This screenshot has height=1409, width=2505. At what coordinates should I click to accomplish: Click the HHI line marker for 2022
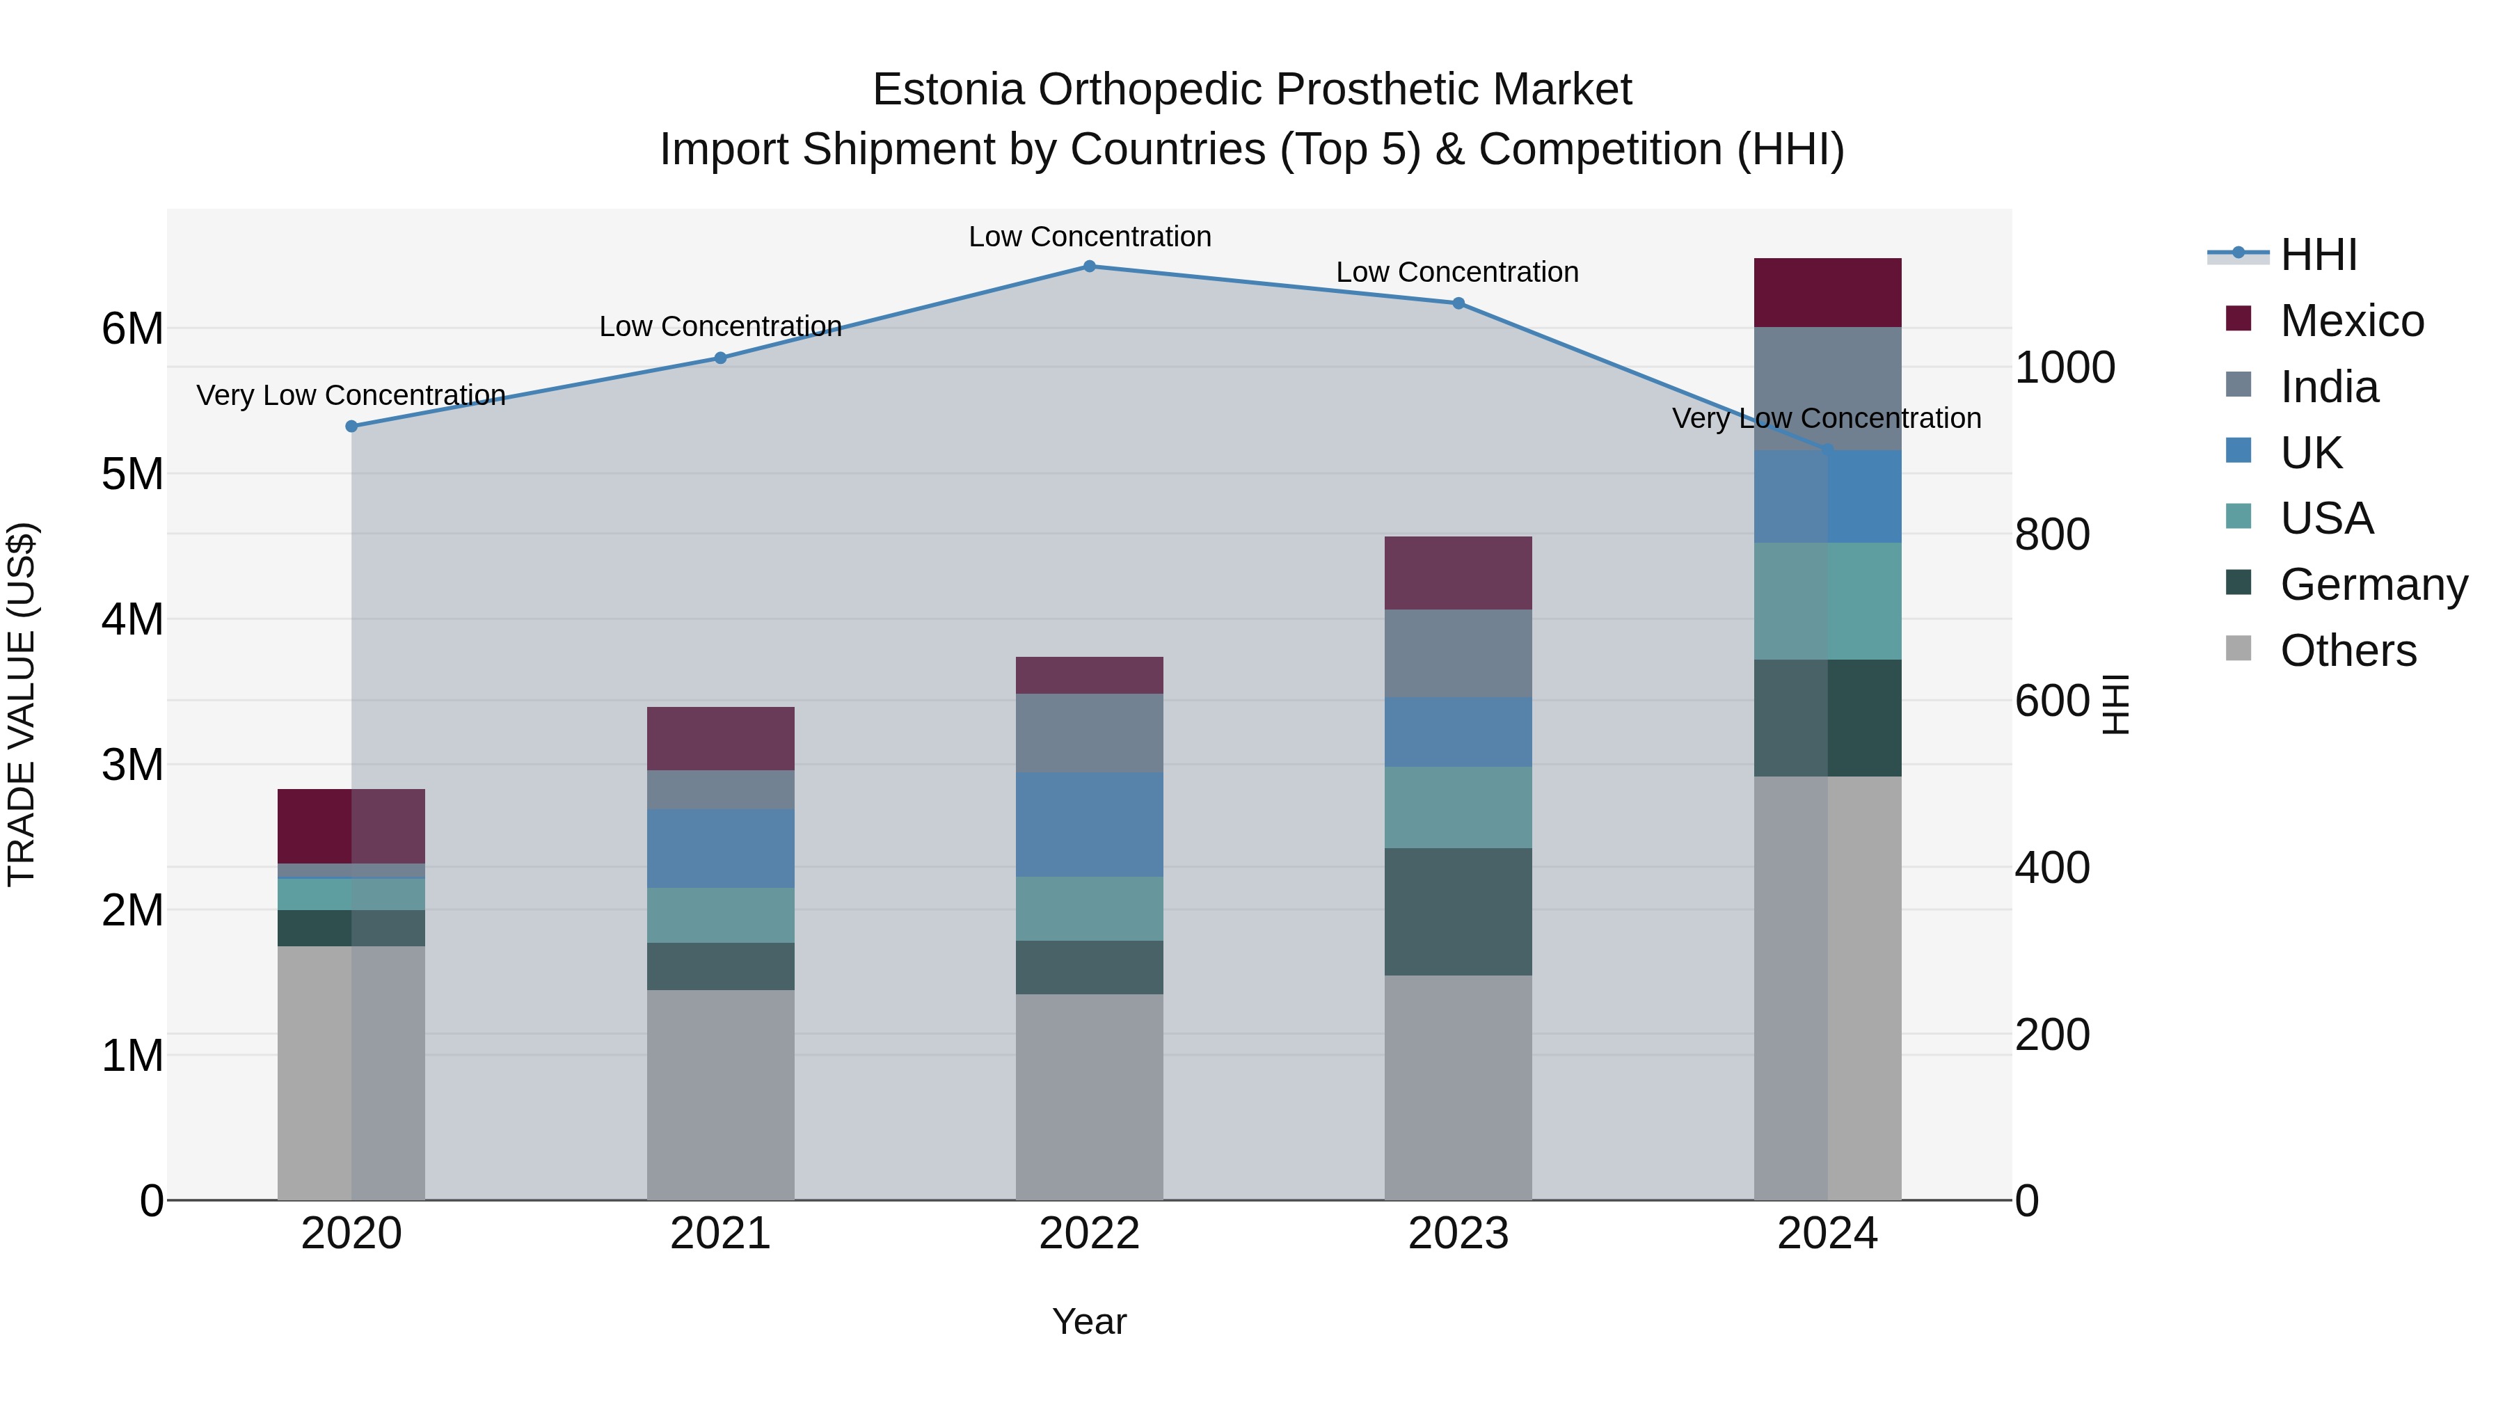pyautogui.click(x=1089, y=266)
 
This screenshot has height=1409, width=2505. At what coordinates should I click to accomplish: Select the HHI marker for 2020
pyautogui.click(x=352, y=426)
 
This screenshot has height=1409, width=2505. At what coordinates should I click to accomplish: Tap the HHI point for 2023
pyautogui.click(x=1458, y=303)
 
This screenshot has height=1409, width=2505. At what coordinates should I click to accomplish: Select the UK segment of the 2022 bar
pyautogui.click(x=1089, y=825)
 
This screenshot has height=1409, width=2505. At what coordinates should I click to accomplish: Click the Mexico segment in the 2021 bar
pyautogui.click(x=721, y=738)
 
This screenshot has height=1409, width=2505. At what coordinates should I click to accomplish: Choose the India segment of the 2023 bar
pyautogui.click(x=1458, y=653)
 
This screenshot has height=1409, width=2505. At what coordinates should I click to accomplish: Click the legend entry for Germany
pyautogui.click(x=2373, y=584)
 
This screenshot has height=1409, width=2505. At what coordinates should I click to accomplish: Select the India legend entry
pyautogui.click(x=2329, y=387)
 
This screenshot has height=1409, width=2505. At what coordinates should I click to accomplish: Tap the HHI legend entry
pyautogui.click(x=2319, y=255)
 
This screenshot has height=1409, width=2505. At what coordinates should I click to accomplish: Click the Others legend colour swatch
pyautogui.click(x=2238, y=648)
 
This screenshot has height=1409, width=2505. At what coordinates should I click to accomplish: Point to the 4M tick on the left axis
pyautogui.click(x=132, y=619)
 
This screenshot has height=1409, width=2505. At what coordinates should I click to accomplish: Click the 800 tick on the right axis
pyautogui.click(x=2052, y=535)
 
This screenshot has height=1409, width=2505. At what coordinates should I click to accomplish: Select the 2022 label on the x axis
pyautogui.click(x=1089, y=1234)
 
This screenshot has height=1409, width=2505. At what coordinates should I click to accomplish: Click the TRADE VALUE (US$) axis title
pyautogui.click(x=22, y=704)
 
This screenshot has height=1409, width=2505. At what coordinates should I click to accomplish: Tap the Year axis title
pyautogui.click(x=1089, y=1321)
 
